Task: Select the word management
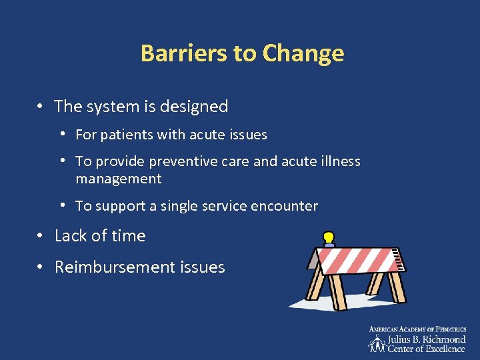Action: tap(119, 179)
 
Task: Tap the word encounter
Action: tap(284, 206)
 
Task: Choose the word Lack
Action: tap(70, 236)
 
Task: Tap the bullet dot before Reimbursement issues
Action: tap(41, 267)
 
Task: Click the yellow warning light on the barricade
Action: tap(329, 238)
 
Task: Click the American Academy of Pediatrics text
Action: tap(417, 329)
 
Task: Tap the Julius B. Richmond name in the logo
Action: tap(427, 339)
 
